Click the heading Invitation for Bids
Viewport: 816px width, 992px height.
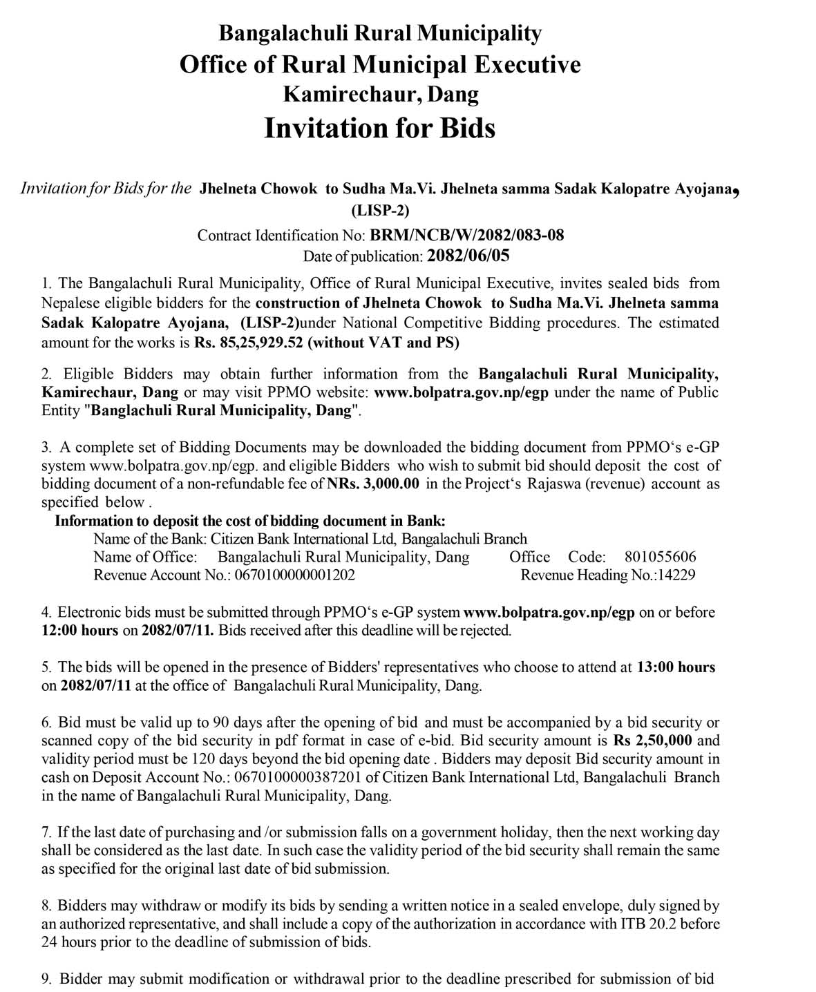point(379,128)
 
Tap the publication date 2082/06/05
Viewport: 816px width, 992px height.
point(468,256)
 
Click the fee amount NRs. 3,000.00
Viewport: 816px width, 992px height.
point(372,484)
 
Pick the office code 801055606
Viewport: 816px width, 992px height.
point(660,557)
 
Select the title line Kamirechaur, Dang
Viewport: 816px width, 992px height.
point(381,94)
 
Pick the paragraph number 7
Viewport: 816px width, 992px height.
point(46,832)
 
